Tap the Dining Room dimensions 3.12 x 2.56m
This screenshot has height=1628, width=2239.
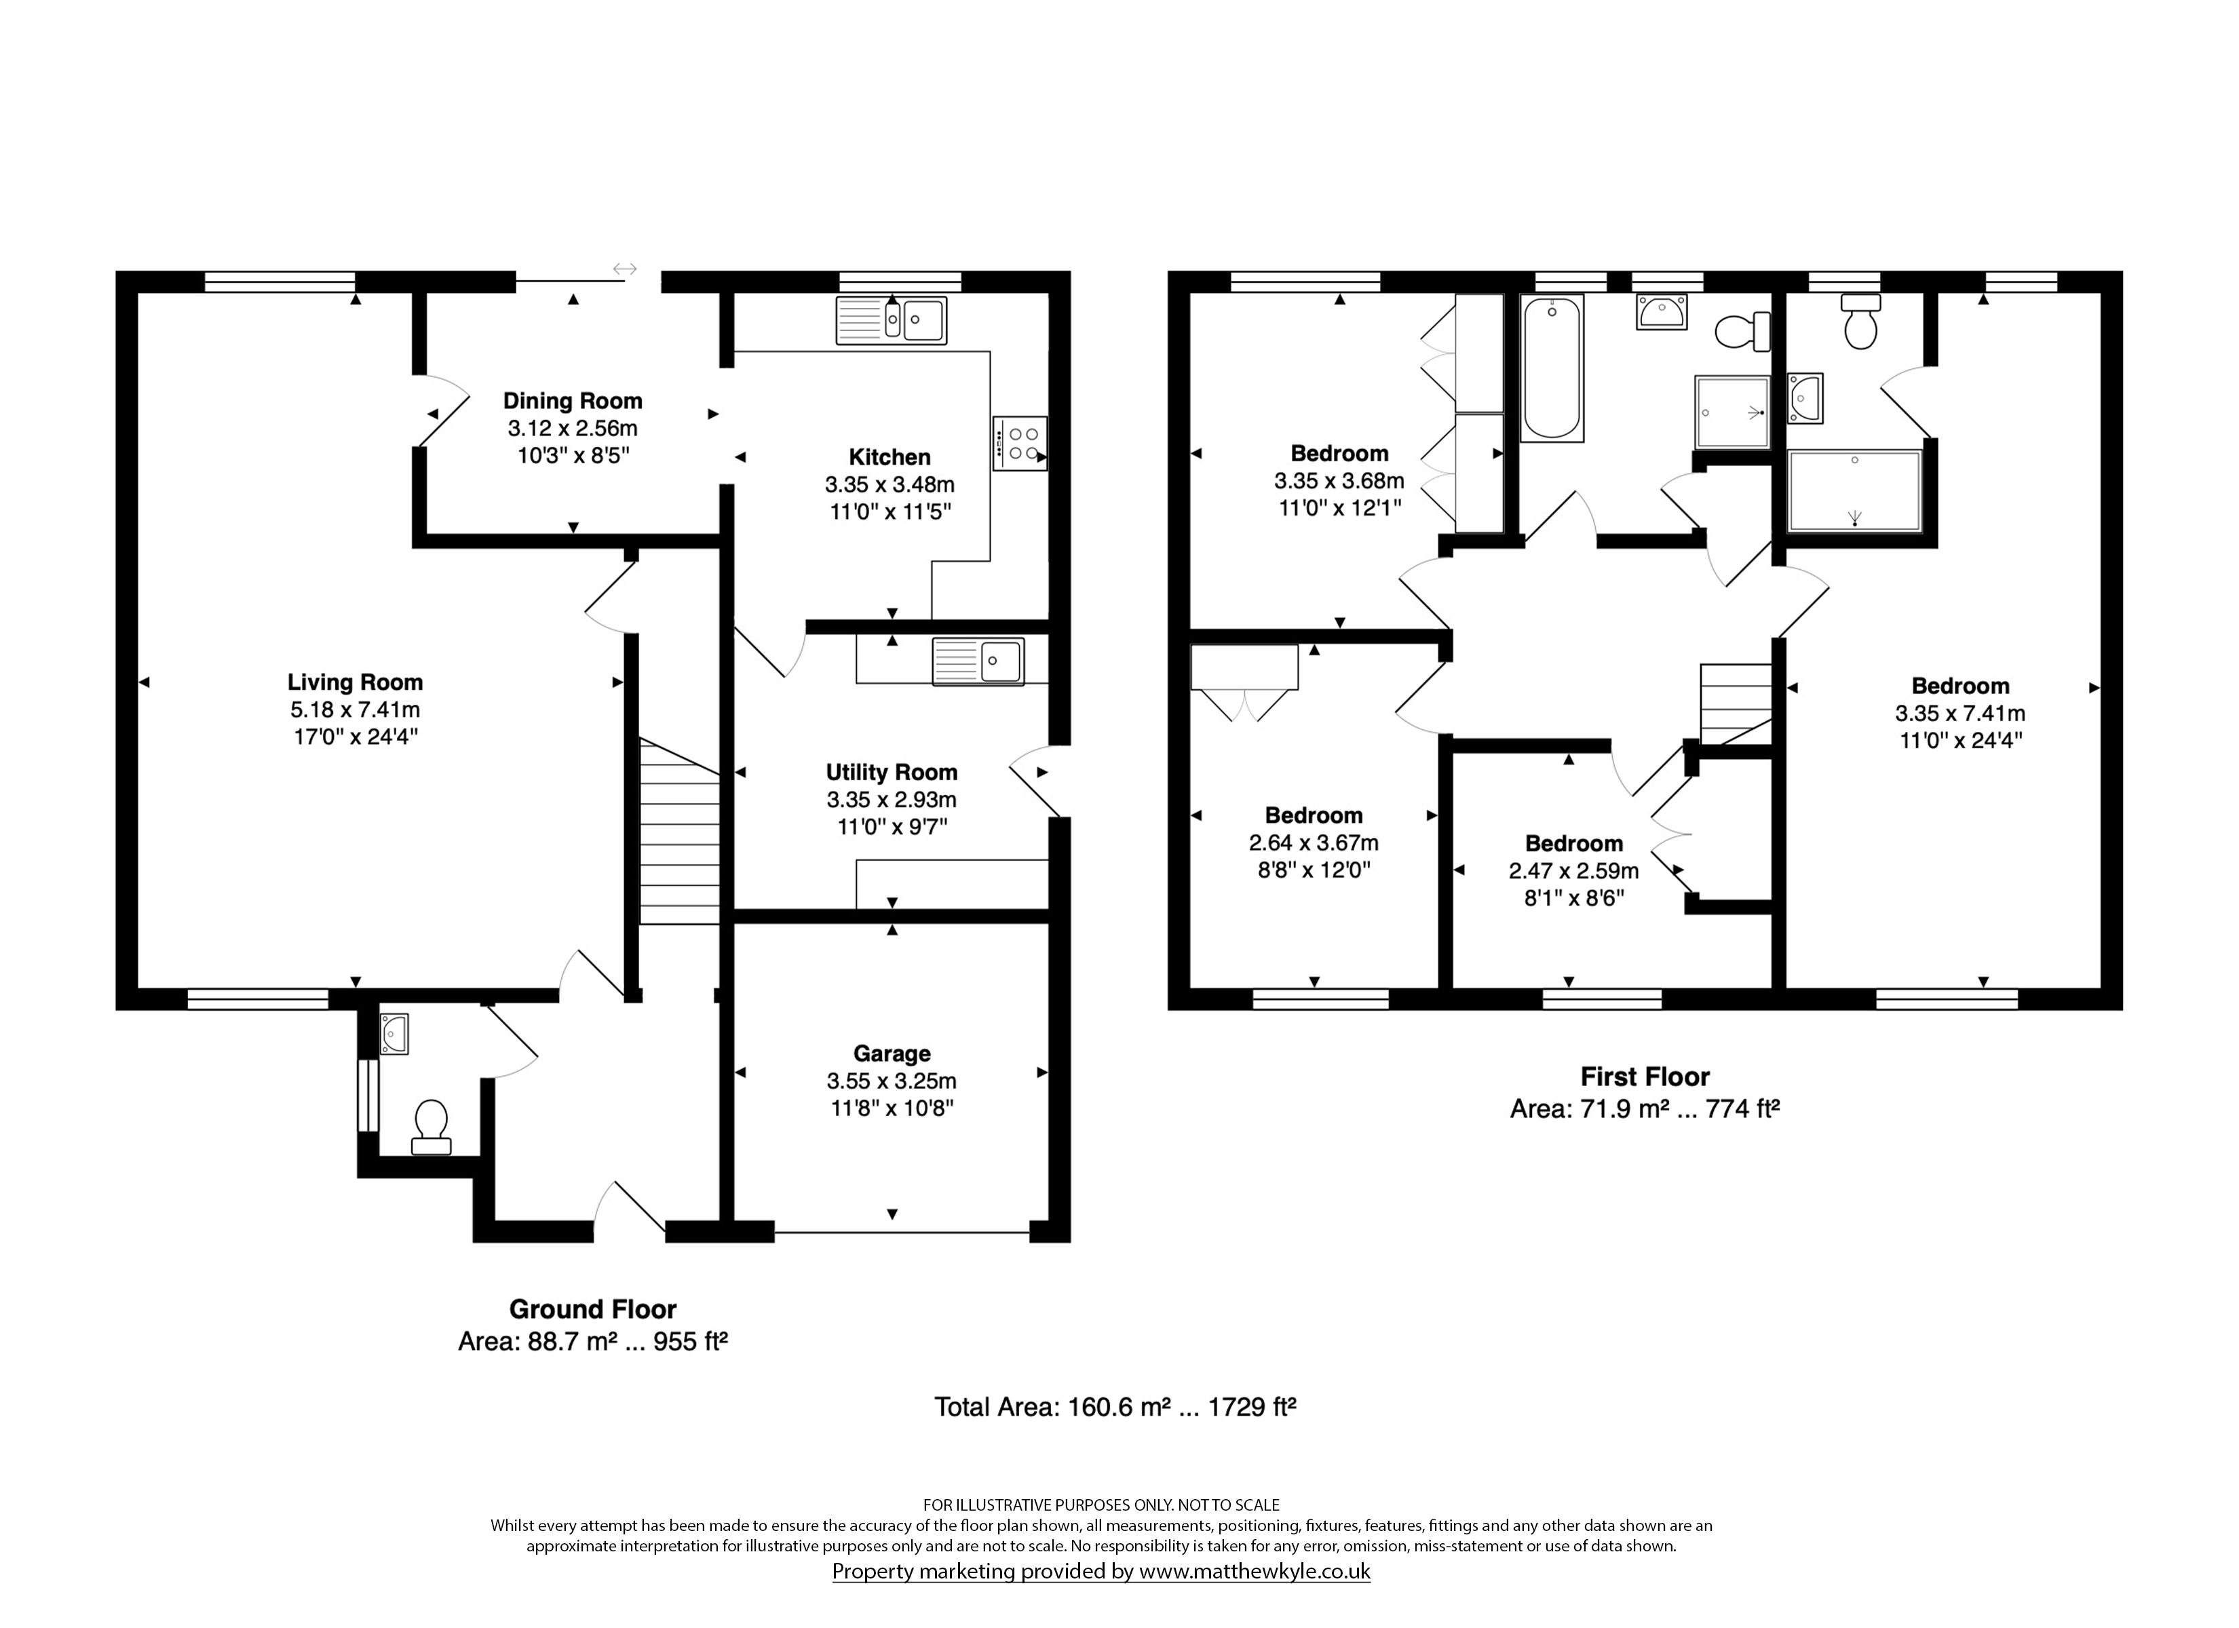point(573,429)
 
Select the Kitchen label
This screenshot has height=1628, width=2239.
point(889,457)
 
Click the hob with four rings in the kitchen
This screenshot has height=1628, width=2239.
point(1020,443)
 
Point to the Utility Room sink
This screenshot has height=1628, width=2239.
point(977,661)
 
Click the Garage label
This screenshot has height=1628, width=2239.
point(892,1053)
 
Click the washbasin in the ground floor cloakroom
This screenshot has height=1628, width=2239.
point(394,1034)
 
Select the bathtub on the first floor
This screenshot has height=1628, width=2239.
point(1552,367)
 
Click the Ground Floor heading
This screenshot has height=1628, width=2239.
point(592,1309)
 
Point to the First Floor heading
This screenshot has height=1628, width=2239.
point(1645,1076)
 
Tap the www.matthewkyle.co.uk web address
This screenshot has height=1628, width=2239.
point(1255,1571)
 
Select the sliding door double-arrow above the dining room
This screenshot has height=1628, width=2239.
point(625,269)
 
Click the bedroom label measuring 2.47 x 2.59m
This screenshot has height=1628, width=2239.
point(1573,843)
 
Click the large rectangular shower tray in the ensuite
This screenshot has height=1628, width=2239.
point(1855,490)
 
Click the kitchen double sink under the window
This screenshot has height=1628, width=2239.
point(892,320)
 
